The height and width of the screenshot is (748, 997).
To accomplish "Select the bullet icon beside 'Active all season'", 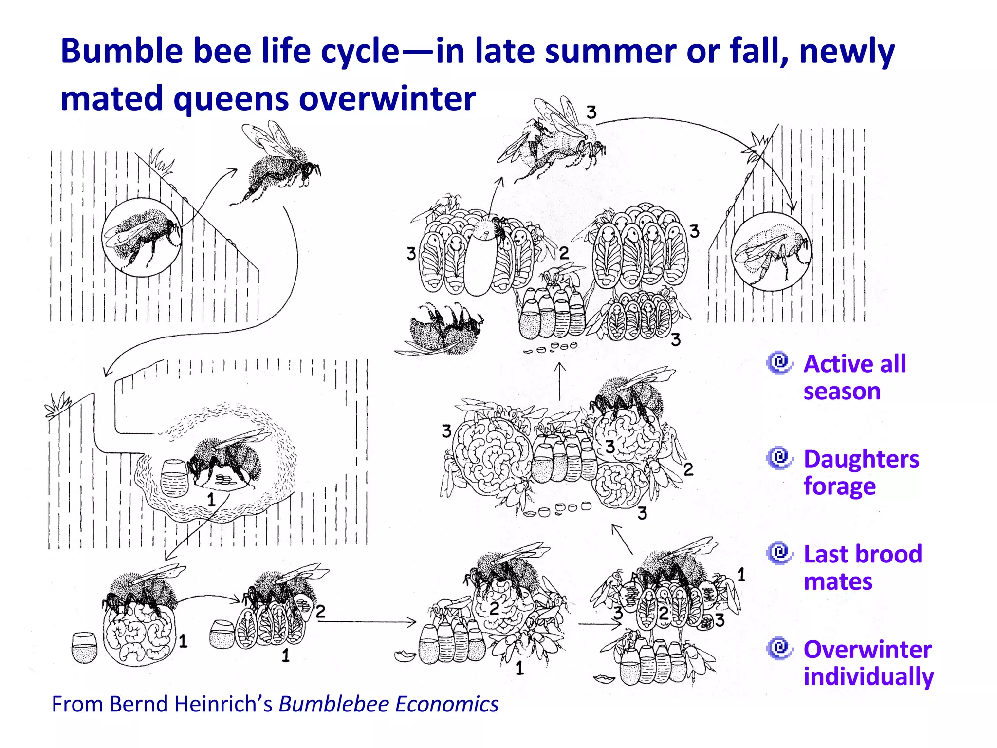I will (x=780, y=363).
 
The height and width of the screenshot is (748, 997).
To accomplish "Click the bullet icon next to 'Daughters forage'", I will (x=780, y=458).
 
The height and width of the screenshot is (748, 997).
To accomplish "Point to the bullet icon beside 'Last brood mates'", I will (x=780, y=553).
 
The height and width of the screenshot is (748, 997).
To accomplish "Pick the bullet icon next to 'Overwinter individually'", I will (x=780, y=648).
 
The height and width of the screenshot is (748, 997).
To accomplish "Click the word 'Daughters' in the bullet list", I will (x=861, y=459).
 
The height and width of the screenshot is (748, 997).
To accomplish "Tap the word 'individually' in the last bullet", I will (x=868, y=676).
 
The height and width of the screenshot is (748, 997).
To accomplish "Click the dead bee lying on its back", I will (x=441, y=329).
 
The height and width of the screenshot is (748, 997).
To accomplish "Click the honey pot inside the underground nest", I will (x=174, y=477).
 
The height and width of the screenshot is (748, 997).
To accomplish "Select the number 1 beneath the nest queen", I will (x=211, y=499).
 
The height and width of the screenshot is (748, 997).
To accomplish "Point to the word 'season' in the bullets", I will (x=842, y=391).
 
